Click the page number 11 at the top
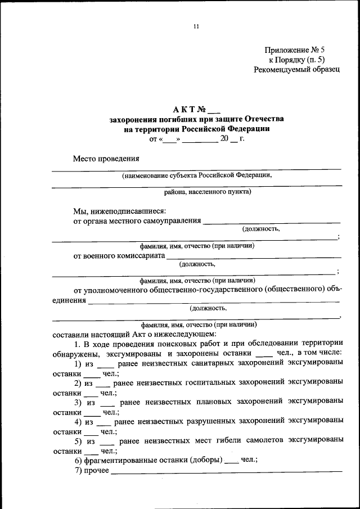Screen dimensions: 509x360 pos(196,26)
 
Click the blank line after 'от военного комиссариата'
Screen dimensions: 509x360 pos(253,257)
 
